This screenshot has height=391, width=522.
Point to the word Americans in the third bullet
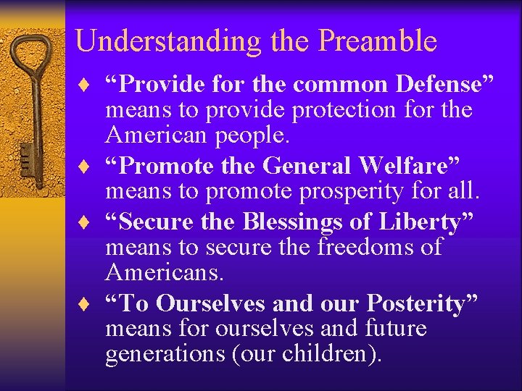tap(164, 272)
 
